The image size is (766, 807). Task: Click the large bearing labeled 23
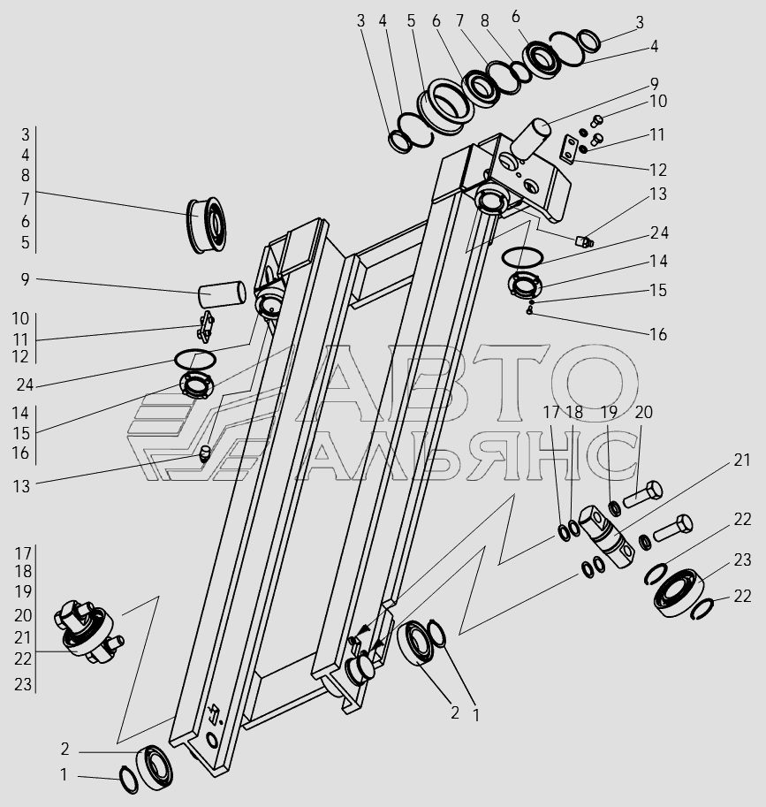point(679,591)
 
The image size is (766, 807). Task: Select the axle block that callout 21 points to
point(609,533)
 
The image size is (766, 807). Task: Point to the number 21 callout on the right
point(740,460)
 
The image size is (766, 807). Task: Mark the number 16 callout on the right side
point(657,334)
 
